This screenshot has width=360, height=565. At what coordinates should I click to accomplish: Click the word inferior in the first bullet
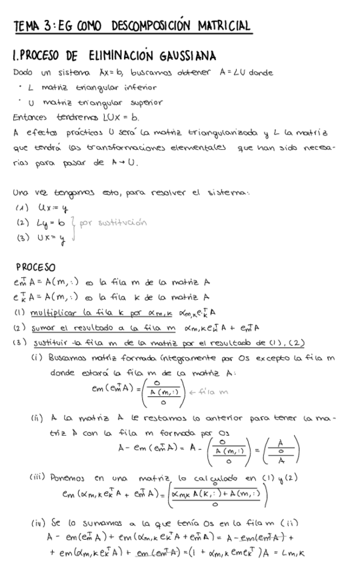pos(137,87)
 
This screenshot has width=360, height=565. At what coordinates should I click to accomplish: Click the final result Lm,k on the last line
pos(335,552)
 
